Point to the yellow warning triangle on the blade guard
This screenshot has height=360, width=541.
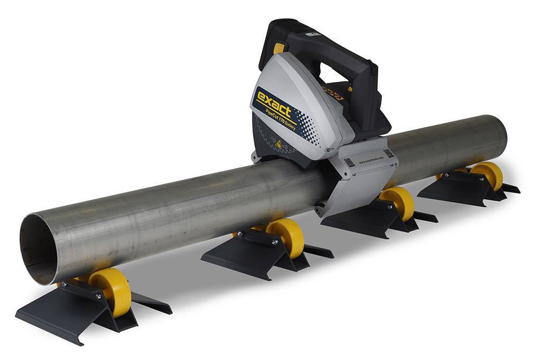pos(278,144)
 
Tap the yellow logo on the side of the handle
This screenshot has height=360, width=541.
pos(333,95)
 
